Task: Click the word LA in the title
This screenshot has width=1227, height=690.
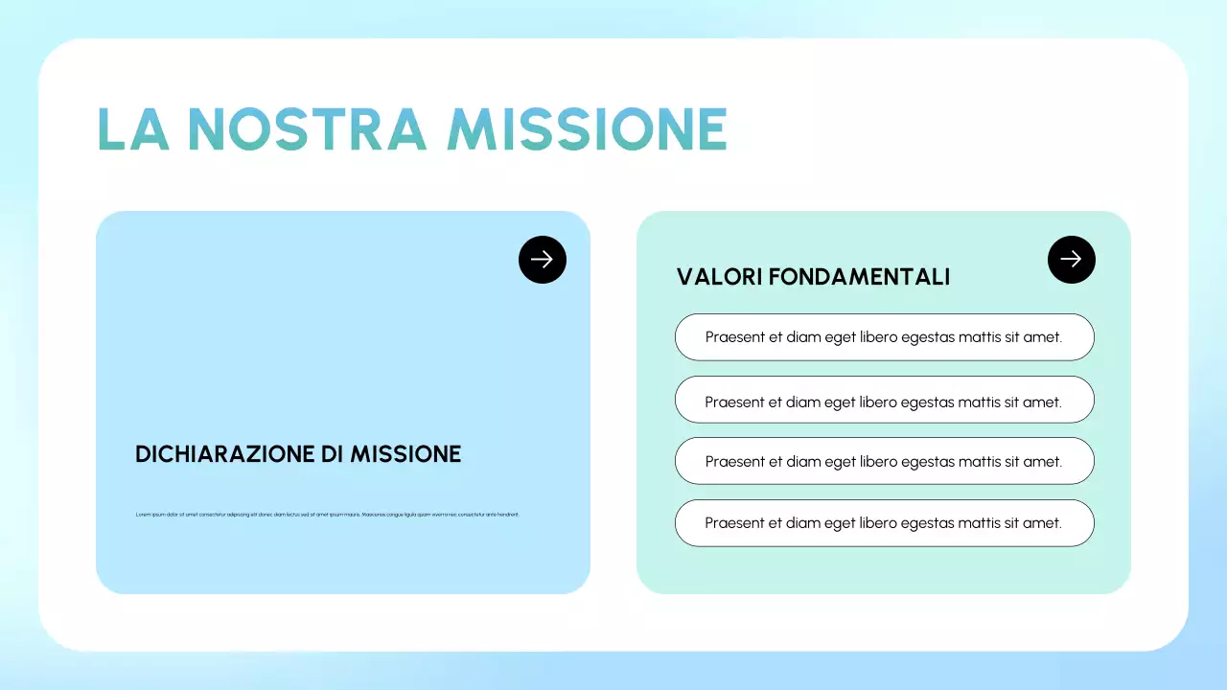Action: [x=133, y=129]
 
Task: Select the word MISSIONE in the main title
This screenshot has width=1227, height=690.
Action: [x=588, y=129]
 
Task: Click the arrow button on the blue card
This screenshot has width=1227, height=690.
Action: [x=543, y=260]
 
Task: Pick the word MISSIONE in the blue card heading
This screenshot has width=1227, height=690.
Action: [x=405, y=454]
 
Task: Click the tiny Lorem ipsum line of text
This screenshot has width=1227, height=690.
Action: [x=327, y=515]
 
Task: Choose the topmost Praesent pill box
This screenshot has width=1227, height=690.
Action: [x=884, y=337]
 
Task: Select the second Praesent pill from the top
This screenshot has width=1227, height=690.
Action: [x=884, y=400]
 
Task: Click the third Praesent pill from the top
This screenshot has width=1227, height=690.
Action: [x=884, y=461]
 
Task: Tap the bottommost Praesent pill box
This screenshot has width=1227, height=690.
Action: [x=884, y=523]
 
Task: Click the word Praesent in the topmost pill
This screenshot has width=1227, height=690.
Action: [x=736, y=337]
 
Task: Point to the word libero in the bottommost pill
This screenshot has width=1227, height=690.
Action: [x=878, y=523]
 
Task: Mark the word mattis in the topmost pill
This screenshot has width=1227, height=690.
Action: [x=979, y=337]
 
